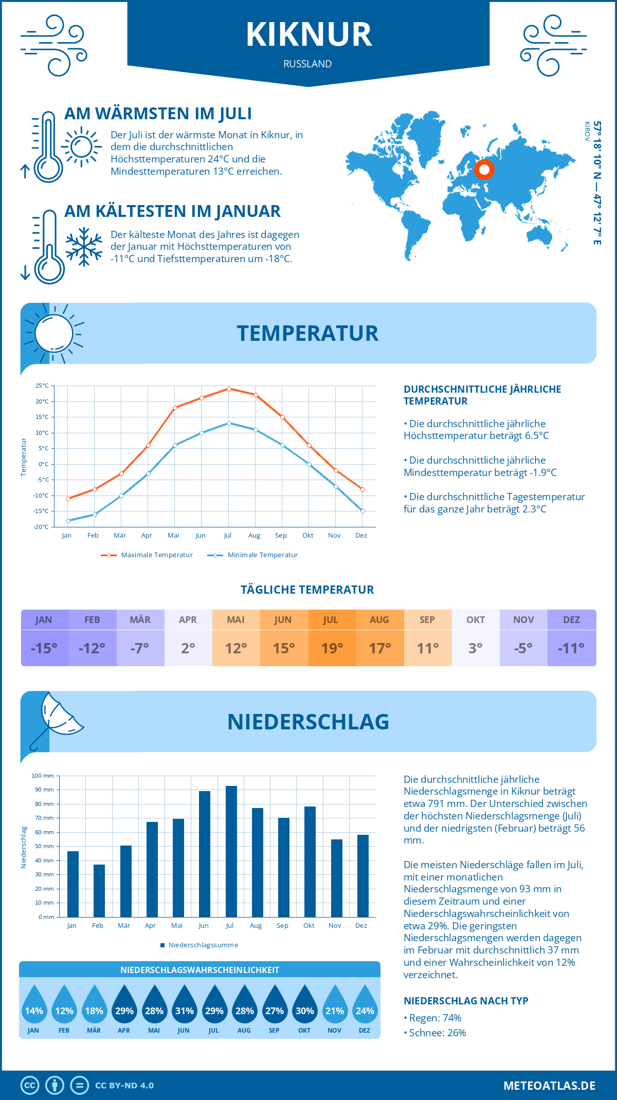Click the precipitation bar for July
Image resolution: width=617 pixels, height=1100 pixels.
coord(231,851)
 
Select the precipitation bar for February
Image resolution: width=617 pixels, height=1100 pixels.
coord(99,891)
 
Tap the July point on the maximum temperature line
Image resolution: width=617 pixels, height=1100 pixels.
coord(229,389)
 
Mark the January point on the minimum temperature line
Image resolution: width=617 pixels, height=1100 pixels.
coord(68,521)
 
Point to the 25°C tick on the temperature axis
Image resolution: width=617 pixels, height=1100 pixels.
coord(42,386)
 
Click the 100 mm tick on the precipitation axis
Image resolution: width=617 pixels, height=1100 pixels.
coord(43,776)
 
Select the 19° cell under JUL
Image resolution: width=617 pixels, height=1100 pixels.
coord(332,648)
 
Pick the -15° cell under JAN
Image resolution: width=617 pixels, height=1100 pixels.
coord(44,648)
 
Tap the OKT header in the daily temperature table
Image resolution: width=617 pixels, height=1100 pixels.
coord(475,619)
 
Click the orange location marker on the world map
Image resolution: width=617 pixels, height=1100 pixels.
coord(484,170)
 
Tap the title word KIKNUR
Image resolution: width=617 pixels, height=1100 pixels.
coord(308,35)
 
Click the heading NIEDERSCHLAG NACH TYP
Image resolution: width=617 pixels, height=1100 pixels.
coord(466,1001)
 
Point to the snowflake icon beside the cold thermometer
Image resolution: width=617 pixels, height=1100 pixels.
coord(84,247)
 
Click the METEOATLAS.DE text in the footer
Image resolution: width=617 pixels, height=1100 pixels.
coord(549,1086)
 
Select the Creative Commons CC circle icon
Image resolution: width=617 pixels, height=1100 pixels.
coord(30,1086)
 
